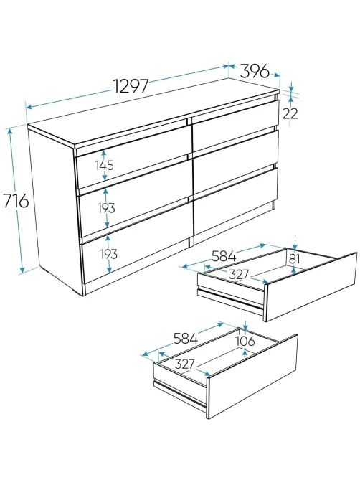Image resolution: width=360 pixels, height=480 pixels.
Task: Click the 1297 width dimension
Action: click(x=131, y=85)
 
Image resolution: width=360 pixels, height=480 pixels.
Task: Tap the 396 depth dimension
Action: click(x=255, y=71)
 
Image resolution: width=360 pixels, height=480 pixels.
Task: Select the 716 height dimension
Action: click(x=16, y=201)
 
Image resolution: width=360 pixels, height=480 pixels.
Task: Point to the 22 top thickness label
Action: click(x=290, y=113)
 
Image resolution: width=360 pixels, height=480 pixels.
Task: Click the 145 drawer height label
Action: click(x=104, y=165)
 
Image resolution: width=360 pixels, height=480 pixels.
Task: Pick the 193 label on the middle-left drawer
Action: click(x=106, y=208)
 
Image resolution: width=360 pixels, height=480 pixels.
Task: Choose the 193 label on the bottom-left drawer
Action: click(x=108, y=254)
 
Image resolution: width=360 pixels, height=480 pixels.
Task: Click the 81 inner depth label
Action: click(x=294, y=259)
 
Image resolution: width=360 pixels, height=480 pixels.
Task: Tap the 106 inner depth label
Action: click(x=245, y=340)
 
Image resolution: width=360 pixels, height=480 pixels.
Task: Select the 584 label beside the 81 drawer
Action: click(x=224, y=256)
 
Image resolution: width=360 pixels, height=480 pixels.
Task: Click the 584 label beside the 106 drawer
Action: click(x=186, y=338)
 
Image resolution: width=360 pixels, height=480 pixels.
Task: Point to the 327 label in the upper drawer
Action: click(x=239, y=274)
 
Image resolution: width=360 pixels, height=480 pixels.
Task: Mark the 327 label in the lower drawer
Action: click(x=185, y=364)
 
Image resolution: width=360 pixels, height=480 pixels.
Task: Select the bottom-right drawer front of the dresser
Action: click(x=235, y=200)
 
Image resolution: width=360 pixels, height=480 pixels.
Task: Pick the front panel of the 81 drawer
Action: click(x=311, y=287)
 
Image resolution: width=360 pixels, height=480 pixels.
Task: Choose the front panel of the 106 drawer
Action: click(x=252, y=377)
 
